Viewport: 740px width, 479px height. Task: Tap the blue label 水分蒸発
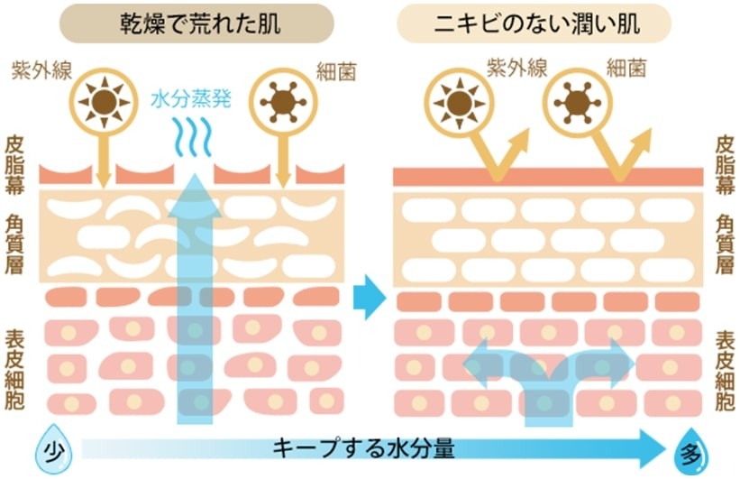point(193,98)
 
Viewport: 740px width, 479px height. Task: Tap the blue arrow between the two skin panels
point(369,296)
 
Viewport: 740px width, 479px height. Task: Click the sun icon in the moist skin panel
point(460,102)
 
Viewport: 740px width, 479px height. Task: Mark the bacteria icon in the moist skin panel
point(578,102)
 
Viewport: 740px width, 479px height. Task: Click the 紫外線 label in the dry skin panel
point(37,69)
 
